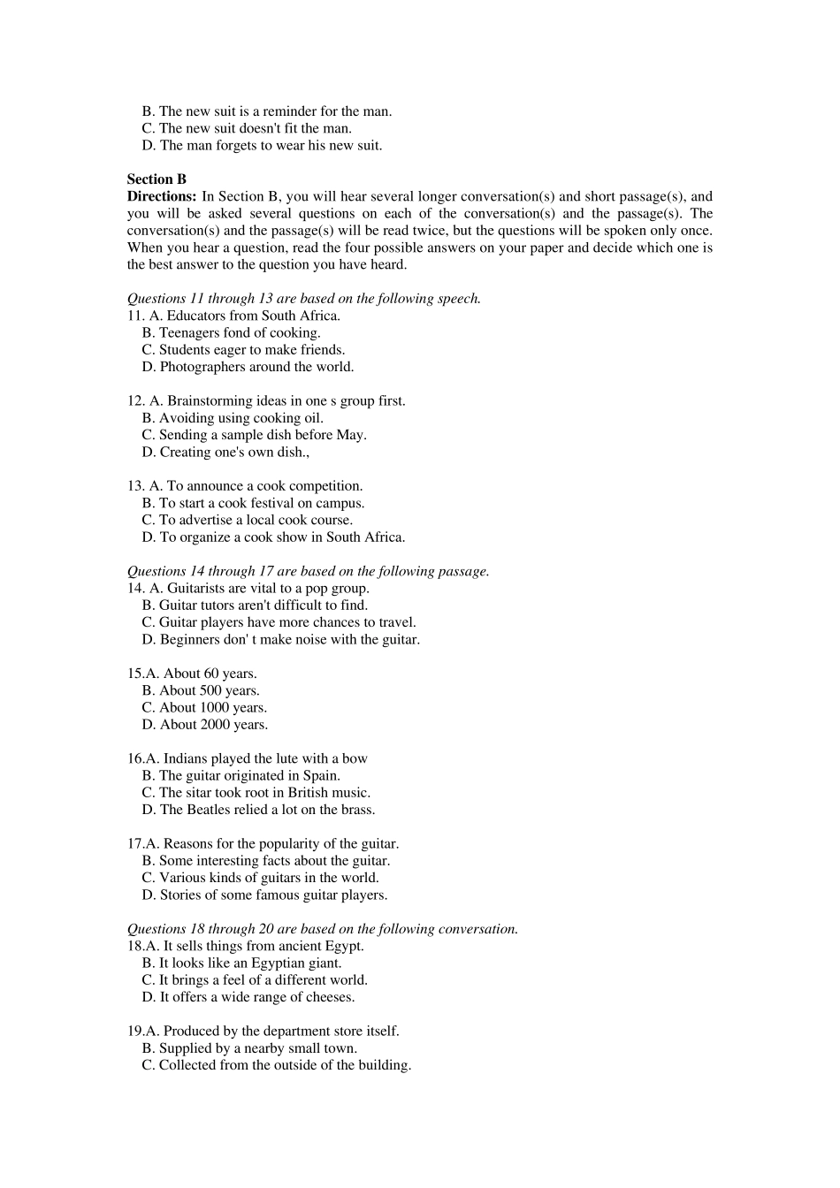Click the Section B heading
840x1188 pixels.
tap(157, 179)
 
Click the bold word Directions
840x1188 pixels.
tap(161, 196)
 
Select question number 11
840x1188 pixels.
tap(135, 316)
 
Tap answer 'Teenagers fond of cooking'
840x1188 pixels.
tap(239, 332)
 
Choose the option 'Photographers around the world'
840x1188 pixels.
tap(256, 367)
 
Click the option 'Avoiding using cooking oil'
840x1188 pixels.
tap(241, 418)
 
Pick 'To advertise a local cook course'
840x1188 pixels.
tap(255, 520)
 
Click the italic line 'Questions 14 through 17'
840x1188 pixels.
tap(308, 571)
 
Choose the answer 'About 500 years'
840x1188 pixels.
tap(209, 690)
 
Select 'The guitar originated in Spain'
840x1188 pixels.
tap(248, 775)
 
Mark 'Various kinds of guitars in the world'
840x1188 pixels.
tap(268, 878)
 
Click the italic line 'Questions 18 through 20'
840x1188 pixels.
tap(323, 929)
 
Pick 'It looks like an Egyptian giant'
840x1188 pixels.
tap(249, 963)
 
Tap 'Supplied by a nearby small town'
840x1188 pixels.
tap(257, 1048)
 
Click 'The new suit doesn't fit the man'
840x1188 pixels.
tap(255, 128)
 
